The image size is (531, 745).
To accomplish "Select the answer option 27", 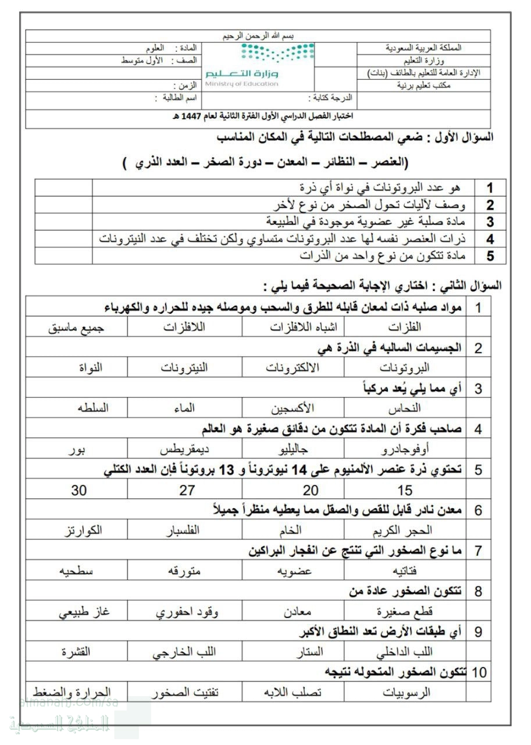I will coord(187,490).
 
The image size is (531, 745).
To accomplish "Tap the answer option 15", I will coord(405,490).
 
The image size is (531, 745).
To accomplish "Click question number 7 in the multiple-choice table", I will coord(478,551).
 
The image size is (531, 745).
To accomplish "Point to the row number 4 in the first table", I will coord(490,239).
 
